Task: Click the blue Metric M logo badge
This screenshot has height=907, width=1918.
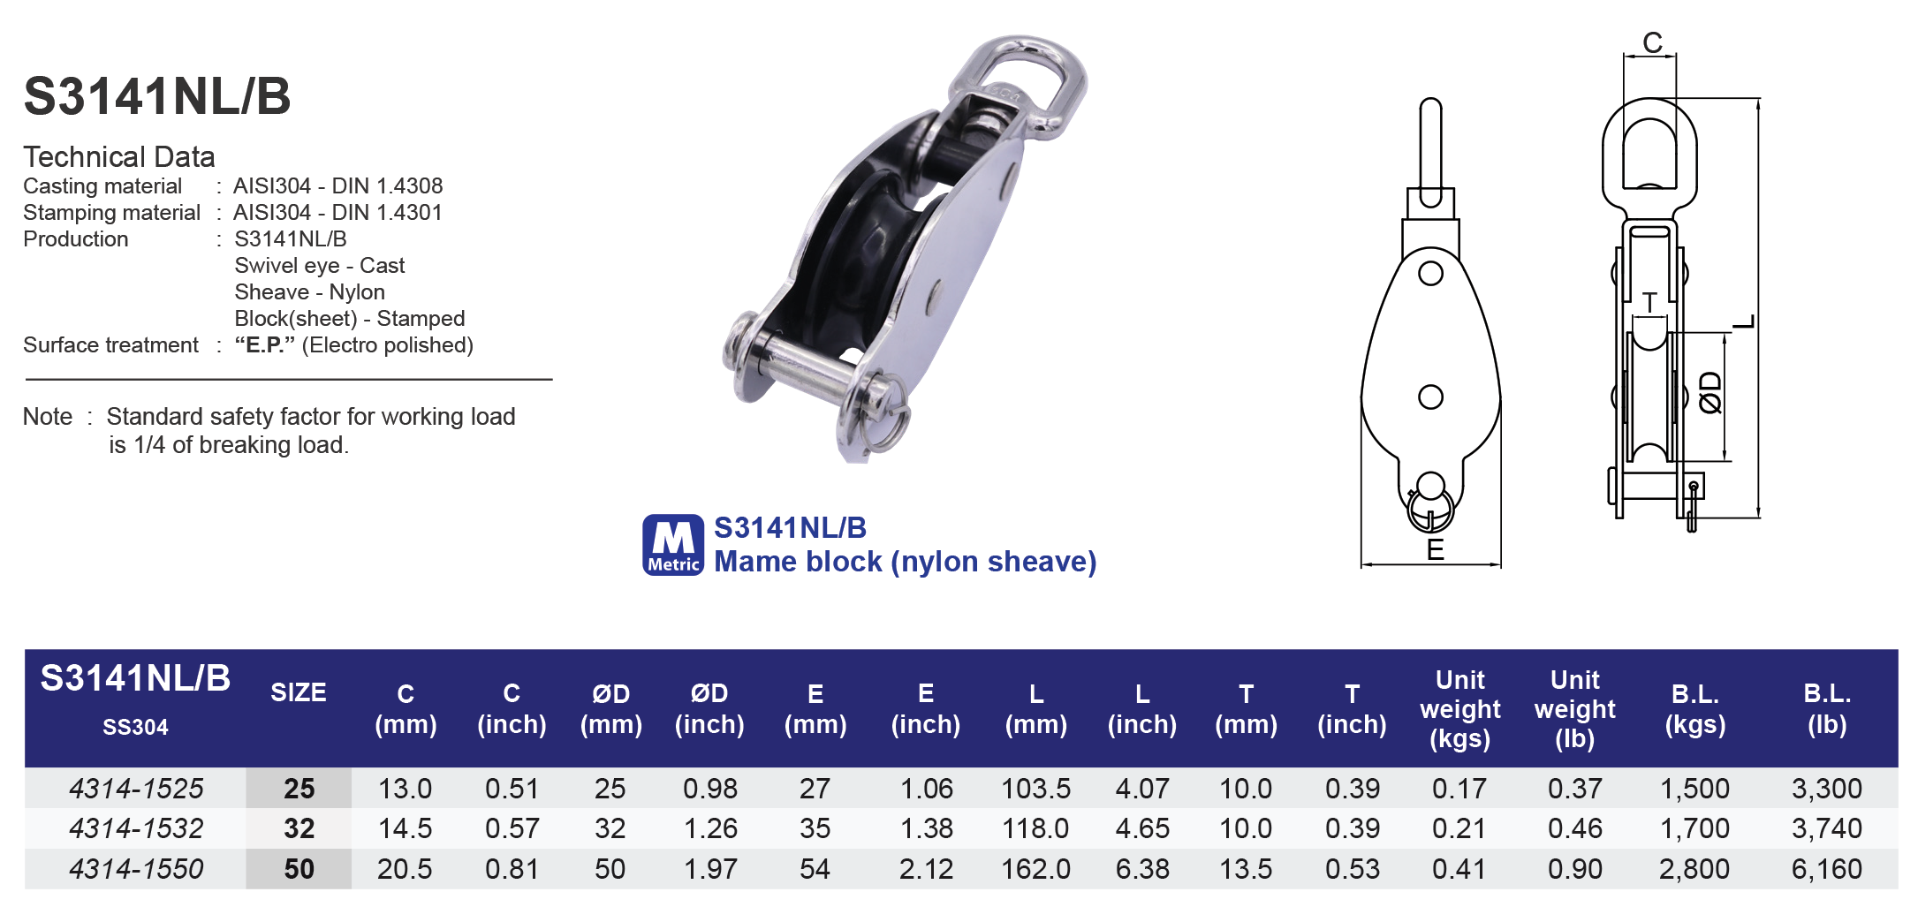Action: [x=672, y=545]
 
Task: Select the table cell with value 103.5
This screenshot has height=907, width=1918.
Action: [x=1035, y=788]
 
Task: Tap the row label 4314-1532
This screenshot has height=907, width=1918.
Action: [x=136, y=828]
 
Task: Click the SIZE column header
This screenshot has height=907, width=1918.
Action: [x=299, y=692]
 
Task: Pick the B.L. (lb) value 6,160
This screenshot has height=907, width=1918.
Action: [x=1826, y=869]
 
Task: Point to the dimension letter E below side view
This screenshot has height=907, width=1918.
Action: [x=1435, y=550]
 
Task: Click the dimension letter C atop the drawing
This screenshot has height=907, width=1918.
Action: [x=1652, y=42]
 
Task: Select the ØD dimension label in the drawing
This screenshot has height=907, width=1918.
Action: [x=1710, y=393]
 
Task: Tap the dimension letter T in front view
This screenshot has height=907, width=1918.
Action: [x=1649, y=303]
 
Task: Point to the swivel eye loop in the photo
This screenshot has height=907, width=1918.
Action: [x=1025, y=84]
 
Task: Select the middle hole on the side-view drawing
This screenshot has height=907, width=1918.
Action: [x=1430, y=397]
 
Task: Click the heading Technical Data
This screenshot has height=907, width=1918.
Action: [x=119, y=157]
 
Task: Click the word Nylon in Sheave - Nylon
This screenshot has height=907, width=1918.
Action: [x=357, y=292]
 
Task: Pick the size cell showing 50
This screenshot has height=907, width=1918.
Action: [x=299, y=869]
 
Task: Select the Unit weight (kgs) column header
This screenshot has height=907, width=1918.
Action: [x=1459, y=709]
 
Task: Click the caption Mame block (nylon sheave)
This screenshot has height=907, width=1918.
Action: [x=905, y=562]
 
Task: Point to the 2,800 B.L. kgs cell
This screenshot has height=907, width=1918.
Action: [x=1694, y=869]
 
